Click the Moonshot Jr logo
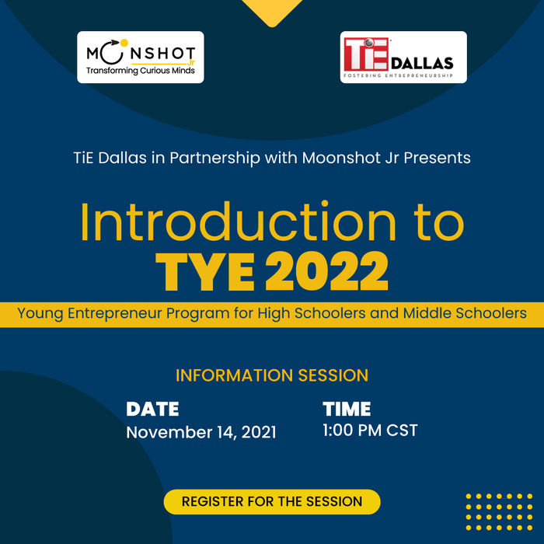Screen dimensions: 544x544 [x=141, y=57]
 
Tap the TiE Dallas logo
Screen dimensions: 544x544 [x=403, y=57]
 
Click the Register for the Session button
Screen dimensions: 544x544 [x=272, y=501]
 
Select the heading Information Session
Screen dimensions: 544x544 [x=272, y=375]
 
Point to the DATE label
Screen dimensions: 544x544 [x=152, y=409]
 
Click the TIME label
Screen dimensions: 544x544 [x=347, y=409]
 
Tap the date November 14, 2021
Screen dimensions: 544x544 [x=201, y=432]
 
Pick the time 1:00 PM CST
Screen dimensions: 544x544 [x=370, y=430]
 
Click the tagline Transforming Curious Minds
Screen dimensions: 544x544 [x=141, y=71]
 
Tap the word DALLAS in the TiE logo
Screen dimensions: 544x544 [x=424, y=63]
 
